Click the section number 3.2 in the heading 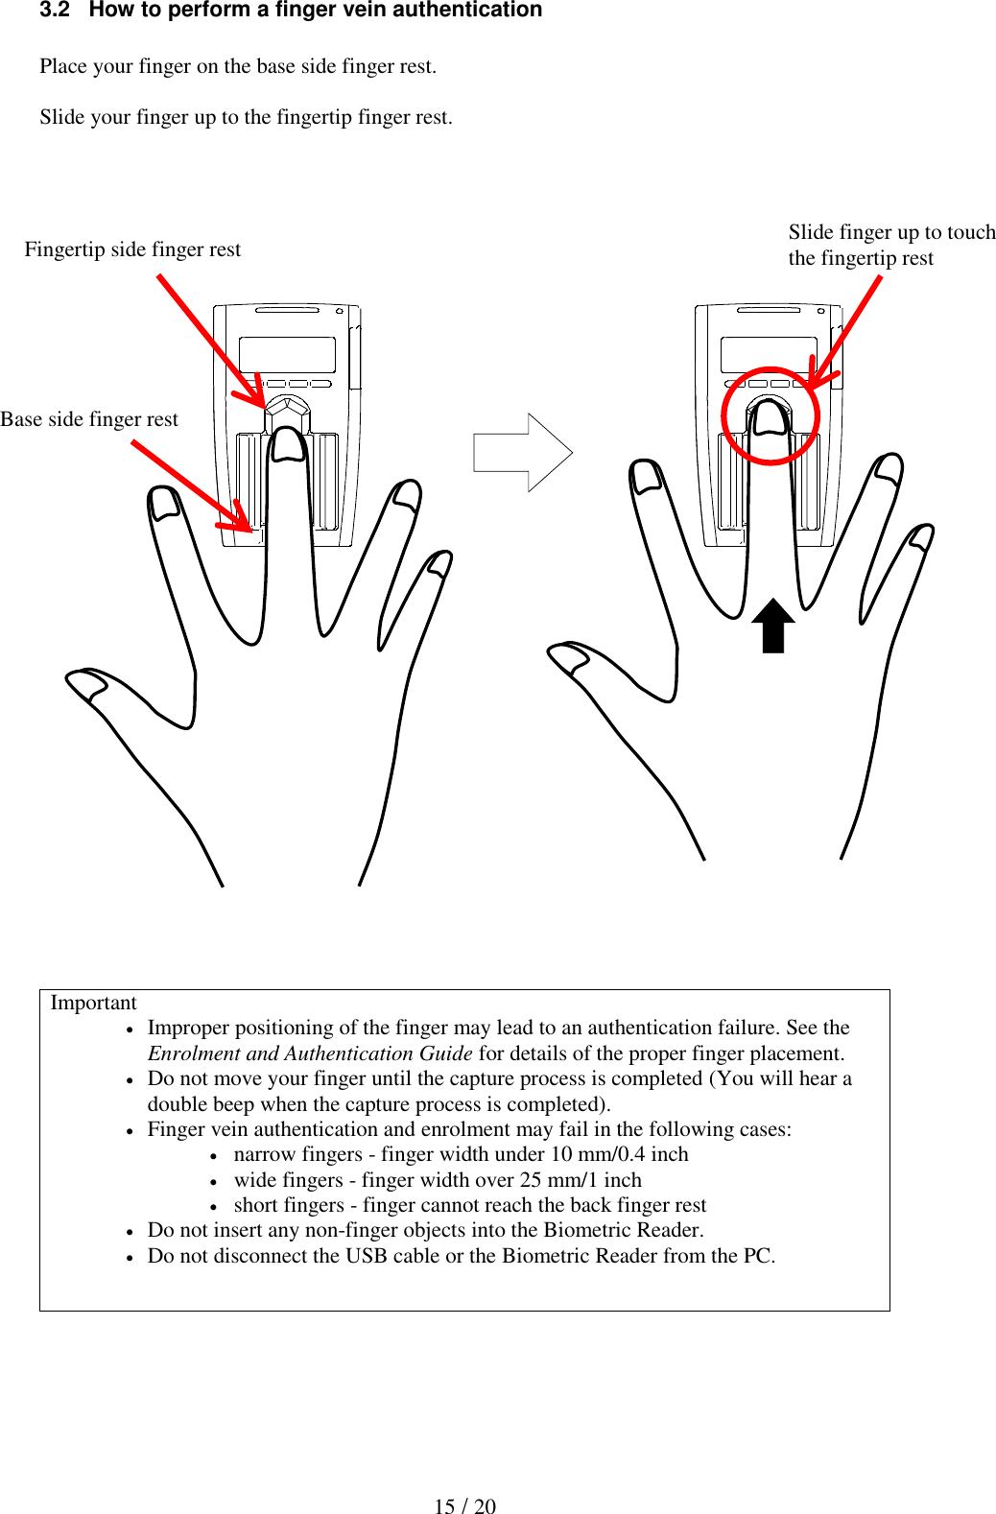(55, 11)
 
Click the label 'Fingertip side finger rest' (132, 249)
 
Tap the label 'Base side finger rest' (89, 419)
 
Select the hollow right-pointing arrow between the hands (523, 452)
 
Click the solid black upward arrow (772, 626)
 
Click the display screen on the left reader (287, 355)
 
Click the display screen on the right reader (768, 355)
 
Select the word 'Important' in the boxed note (93, 1003)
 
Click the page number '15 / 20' (464, 1506)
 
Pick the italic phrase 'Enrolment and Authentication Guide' (309, 1053)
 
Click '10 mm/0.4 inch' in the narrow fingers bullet (619, 1154)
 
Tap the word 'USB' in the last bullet (367, 1256)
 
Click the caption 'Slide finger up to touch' (891, 232)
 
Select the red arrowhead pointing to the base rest (240, 520)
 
